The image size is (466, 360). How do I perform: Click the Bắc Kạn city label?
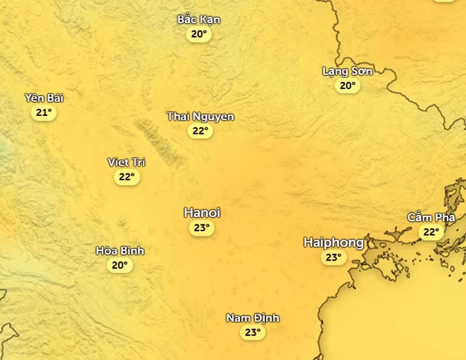click(199, 20)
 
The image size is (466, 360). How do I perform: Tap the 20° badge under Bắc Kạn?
click(199, 35)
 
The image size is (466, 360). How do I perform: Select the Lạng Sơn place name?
click(347, 71)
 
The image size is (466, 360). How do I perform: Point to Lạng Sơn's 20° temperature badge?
click(347, 86)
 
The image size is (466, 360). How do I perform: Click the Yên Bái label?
click(44, 98)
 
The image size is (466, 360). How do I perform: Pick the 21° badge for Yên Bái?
click(44, 113)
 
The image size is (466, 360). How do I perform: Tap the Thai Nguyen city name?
click(200, 117)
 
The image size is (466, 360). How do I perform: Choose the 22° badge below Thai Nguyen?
click(200, 131)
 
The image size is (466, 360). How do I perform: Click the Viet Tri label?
click(126, 162)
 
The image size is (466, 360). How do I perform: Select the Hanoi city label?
click(202, 213)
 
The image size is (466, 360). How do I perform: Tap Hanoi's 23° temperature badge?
click(201, 228)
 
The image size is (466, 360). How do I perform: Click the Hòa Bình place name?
click(120, 251)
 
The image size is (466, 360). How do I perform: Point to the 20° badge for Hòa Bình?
click(120, 266)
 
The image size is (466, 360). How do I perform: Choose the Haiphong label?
click(333, 243)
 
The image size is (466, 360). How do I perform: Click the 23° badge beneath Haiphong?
click(333, 258)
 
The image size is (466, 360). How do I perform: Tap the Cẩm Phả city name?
click(431, 218)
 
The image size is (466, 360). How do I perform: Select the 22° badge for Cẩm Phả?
click(431, 232)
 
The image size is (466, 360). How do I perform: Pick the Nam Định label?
click(253, 318)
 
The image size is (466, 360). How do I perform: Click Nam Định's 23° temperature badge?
click(253, 333)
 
